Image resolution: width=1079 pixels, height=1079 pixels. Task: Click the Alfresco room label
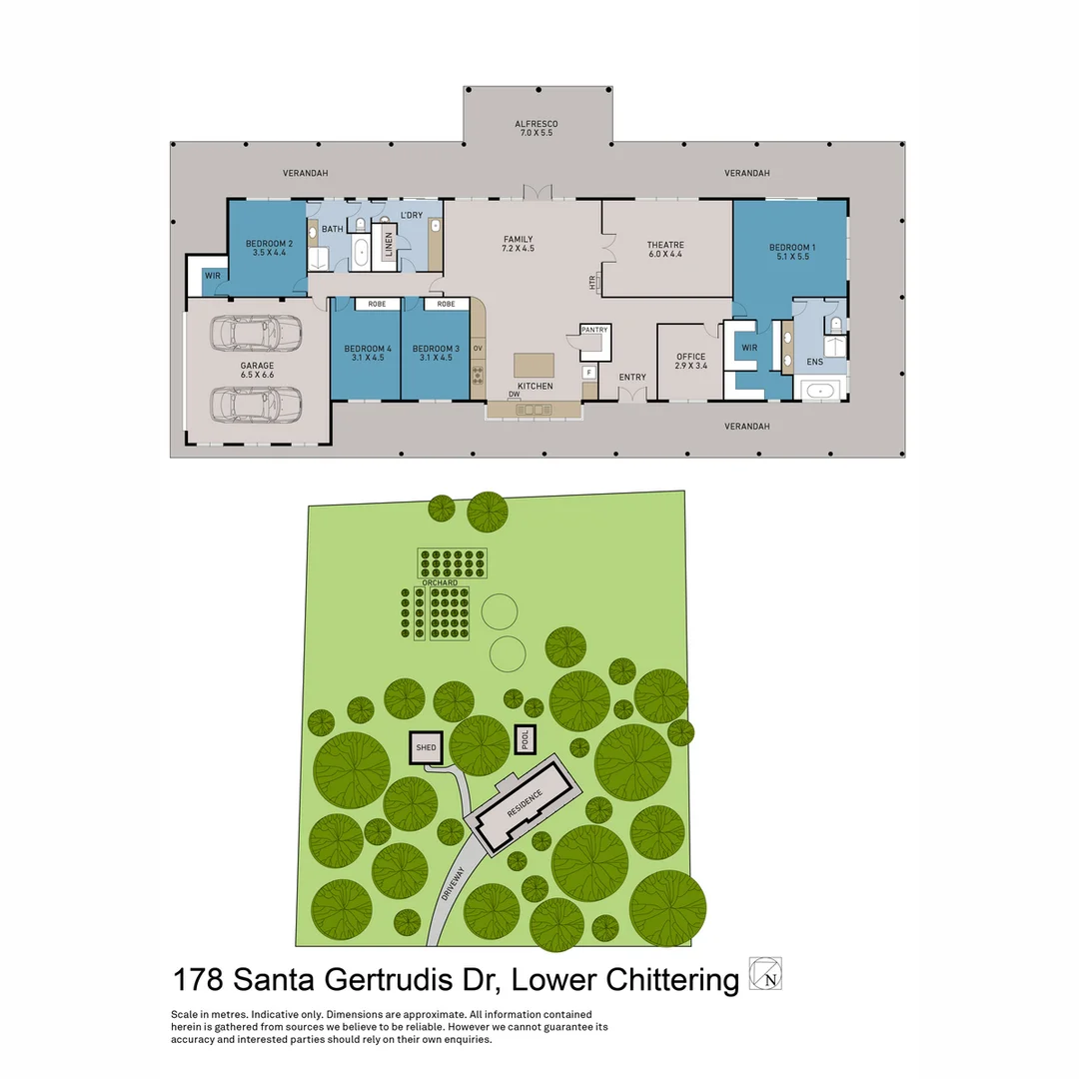pyautogui.click(x=535, y=128)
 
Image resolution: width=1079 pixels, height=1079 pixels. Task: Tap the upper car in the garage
pyautogui.click(x=257, y=334)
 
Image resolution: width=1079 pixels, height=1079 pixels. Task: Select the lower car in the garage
pyautogui.click(x=257, y=404)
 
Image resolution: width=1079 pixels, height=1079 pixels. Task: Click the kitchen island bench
pyautogui.click(x=534, y=365)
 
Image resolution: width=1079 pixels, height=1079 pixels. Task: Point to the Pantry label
pyautogui.click(x=594, y=329)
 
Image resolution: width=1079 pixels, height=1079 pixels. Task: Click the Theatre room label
pyautogui.click(x=665, y=249)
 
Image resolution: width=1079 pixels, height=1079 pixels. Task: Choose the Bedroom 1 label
pyautogui.click(x=792, y=252)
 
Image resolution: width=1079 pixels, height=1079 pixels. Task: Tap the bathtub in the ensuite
pyautogui.click(x=820, y=390)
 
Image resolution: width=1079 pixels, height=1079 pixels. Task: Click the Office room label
pyautogui.click(x=690, y=362)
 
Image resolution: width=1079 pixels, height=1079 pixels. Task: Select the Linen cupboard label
pyautogui.click(x=389, y=246)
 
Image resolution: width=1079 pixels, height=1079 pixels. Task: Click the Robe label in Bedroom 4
pyautogui.click(x=377, y=304)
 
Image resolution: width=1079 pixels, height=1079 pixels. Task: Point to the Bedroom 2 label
pyautogui.click(x=269, y=248)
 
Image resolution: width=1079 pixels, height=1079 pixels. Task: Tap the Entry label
pyautogui.click(x=632, y=377)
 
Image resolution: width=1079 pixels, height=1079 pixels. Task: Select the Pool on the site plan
pyautogui.click(x=525, y=739)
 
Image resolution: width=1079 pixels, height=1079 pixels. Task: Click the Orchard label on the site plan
pyautogui.click(x=440, y=582)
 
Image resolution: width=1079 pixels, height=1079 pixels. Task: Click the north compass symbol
pyautogui.click(x=766, y=974)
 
